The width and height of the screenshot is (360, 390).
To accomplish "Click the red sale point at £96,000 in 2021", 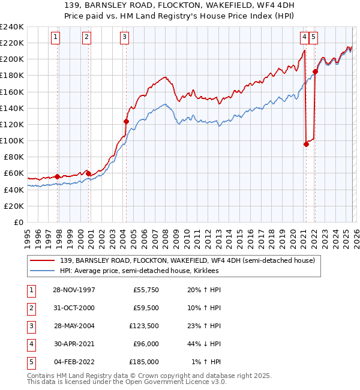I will (x=307, y=144).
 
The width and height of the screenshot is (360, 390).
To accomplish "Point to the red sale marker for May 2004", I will (x=127, y=121).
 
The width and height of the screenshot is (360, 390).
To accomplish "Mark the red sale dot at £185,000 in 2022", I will (x=315, y=71).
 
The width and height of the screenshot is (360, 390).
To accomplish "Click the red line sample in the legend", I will (x=43, y=260).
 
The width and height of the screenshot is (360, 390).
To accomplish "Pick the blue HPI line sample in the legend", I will (x=43, y=271).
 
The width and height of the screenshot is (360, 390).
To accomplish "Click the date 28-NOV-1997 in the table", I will (x=74, y=290).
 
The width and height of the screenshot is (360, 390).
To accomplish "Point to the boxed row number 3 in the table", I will (x=31, y=326).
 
